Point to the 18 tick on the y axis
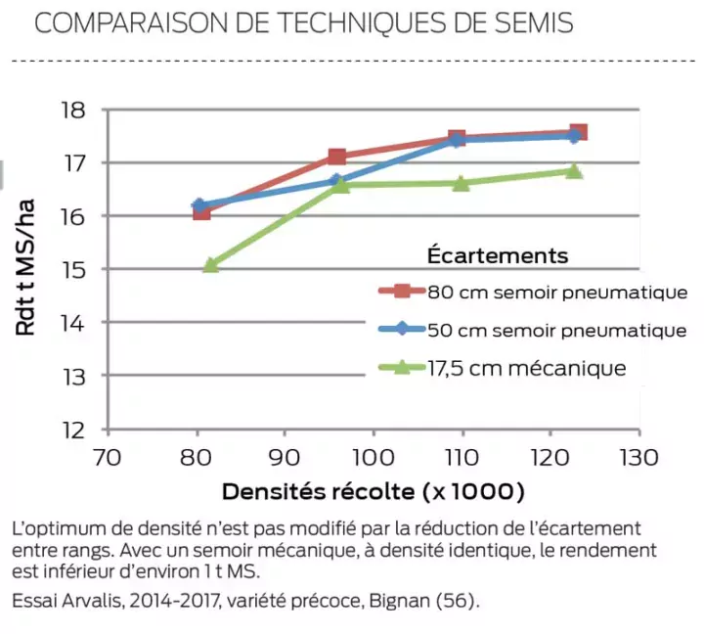tap(74, 110)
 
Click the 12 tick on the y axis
tap(74, 430)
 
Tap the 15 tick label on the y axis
tap(74, 269)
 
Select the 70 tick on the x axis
tap(108, 457)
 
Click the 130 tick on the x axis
tap(639, 457)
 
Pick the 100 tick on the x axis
tap(373, 457)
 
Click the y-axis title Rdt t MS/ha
tap(26, 268)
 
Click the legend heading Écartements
tap(497, 255)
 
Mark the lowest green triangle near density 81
tap(210, 264)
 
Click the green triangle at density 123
tap(574, 171)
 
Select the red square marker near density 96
tap(337, 157)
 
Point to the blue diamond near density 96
tap(336, 181)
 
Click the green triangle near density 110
tap(461, 183)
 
